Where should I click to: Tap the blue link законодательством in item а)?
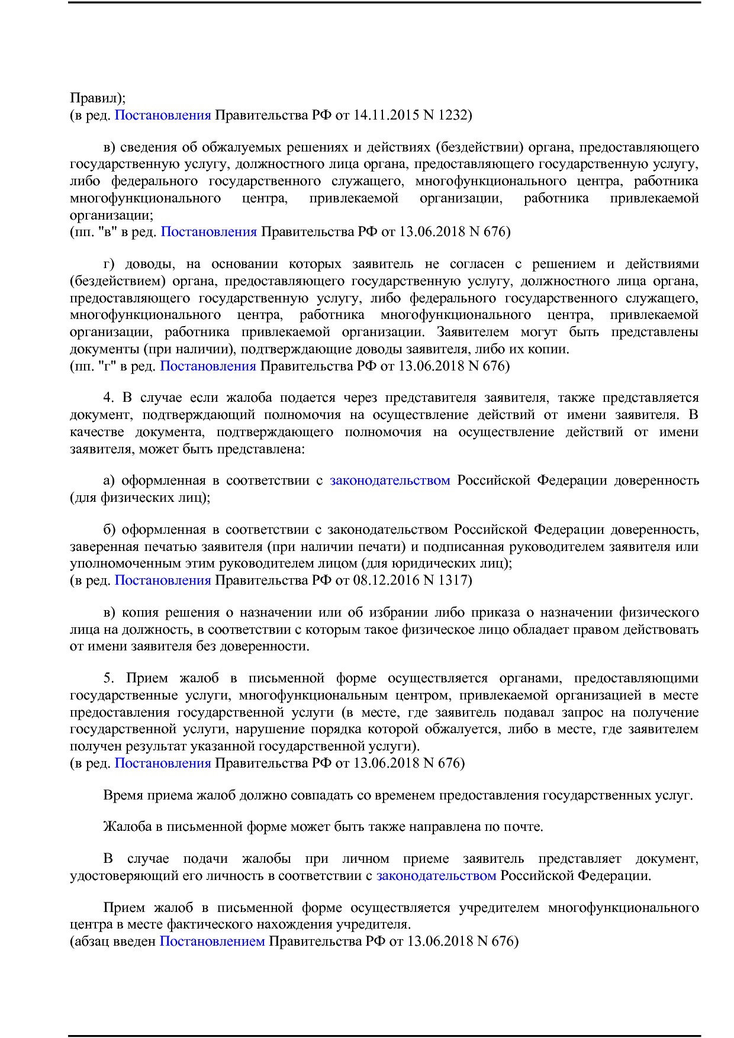pos(390,480)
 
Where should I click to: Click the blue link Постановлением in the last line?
pos(212,940)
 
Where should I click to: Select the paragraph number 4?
pos(108,398)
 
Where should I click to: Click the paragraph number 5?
pos(108,678)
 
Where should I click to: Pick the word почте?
pos(523,826)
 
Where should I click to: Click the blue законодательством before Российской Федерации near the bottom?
pos(436,875)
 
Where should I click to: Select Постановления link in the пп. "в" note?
pos(208,231)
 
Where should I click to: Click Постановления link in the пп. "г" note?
pos(208,366)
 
